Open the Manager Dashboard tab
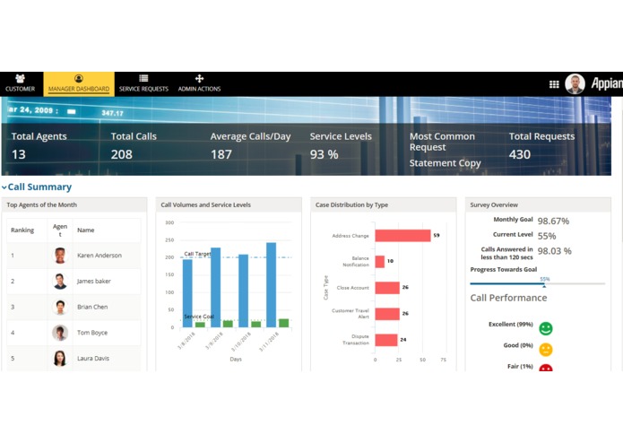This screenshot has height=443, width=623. (79, 84)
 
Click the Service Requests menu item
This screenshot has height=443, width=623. (143, 84)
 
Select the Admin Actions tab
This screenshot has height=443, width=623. (199, 84)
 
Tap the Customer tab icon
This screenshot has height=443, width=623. (20, 80)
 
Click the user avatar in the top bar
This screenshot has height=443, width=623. (575, 84)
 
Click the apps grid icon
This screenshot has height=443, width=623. (554, 84)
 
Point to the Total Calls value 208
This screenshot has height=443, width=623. (122, 154)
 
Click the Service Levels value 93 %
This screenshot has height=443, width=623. (324, 154)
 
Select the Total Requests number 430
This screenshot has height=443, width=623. (520, 154)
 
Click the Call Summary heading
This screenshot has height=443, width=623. (39, 187)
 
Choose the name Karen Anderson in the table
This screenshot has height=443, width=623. (99, 256)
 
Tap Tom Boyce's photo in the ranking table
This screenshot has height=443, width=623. (60, 333)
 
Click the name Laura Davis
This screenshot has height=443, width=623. (93, 359)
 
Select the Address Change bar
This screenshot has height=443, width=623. (402, 236)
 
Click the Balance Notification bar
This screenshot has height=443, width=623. (380, 262)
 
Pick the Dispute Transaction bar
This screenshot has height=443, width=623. (386, 340)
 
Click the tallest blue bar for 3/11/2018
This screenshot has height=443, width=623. (271, 284)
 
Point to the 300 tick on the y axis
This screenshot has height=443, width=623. (169, 222)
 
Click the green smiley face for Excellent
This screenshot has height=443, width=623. (546, 329)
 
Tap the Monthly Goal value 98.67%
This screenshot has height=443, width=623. (553, 221)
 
